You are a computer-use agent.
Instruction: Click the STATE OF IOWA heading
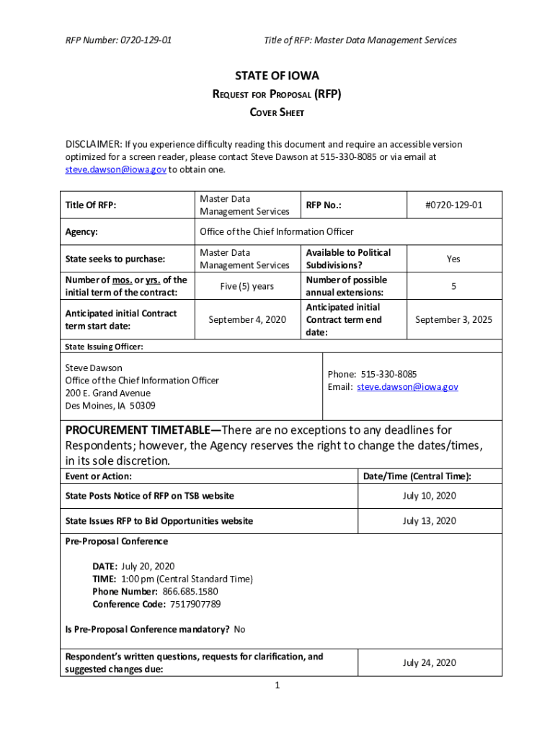pos(277,76)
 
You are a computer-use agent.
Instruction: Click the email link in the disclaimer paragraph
pos(115,169)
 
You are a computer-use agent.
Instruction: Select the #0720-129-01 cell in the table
pos(453,205)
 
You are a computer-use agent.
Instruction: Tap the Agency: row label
pos(81,232)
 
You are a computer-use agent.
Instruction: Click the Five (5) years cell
pos(247,286)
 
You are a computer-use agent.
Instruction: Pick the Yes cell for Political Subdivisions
pos(453,259)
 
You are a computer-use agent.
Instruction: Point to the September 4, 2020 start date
pos(247,319)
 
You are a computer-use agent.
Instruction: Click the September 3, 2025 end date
pos(453,319)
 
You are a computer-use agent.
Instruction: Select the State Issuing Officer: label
pos(104,347)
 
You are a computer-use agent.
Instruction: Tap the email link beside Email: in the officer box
pos(407,387)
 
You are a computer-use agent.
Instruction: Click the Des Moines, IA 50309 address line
pos(110,406)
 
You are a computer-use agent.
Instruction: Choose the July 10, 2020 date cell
pos(429,496)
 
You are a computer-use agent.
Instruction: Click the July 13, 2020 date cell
pos(429,520)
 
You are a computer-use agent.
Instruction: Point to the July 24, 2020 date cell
pos(429,662)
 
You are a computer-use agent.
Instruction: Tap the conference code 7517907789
pos(192,604)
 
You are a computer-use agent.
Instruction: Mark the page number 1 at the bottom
pos(277,685)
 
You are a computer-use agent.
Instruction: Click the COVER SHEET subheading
pos(277,112)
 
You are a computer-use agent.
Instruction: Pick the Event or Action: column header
pos(99,476)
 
